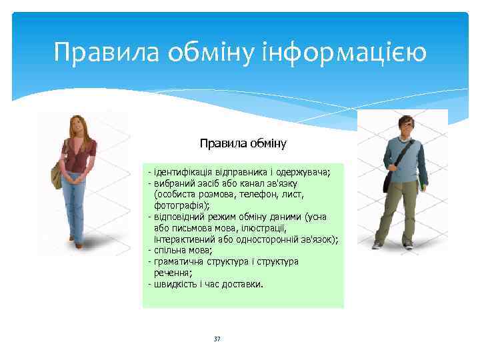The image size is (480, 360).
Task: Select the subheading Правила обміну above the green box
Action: [243, 143]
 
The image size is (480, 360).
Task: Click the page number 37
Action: [217, 339]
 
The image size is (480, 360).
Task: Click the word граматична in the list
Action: [177, 261]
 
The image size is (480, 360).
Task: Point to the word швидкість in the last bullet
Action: [174, 284]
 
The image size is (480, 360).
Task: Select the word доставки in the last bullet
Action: [245, 284]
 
